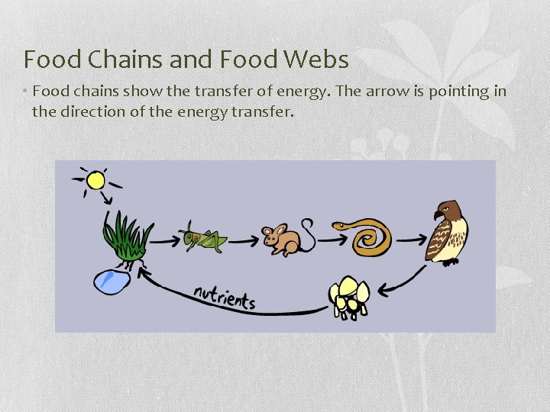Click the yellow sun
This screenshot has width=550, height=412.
point(95,180)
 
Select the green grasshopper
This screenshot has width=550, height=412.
point(202,238)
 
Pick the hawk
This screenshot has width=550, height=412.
point(448,232)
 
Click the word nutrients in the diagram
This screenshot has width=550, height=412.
point(224,295)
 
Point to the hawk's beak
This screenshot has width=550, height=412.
point(438,214)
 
